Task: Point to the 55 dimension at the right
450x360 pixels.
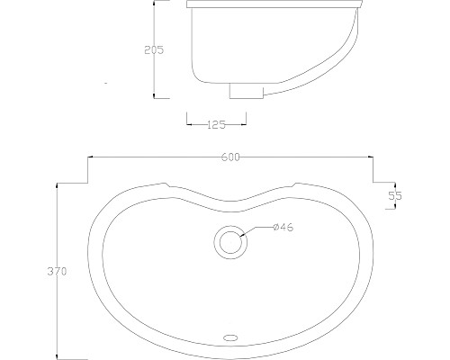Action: click(393, 194)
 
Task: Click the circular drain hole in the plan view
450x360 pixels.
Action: click(230, 240)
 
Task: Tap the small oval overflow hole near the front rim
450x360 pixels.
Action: click(230, 338)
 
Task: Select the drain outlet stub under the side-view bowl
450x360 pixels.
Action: click(244, 91)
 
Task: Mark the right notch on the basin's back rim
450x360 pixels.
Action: click(293, 187)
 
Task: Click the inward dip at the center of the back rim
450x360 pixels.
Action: click(229, 203)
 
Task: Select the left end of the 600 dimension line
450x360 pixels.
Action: click(87, 157)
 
